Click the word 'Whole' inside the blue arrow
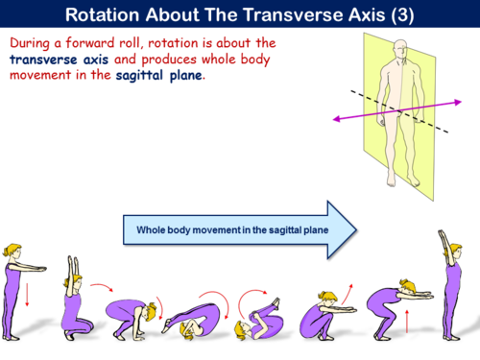coord(154,230)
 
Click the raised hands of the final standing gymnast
coord(443,235)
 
